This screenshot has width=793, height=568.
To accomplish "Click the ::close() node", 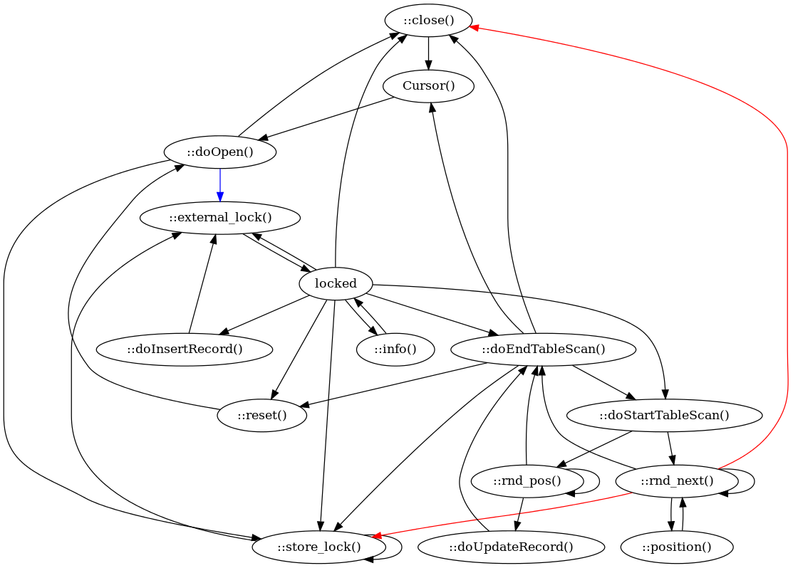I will pyautogui.click(x=428, y=21).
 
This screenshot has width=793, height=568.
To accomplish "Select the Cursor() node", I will pyautogui.click(x=428, y=87).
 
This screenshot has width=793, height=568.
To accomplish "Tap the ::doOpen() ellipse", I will pyautogui.click(x=220, y=152).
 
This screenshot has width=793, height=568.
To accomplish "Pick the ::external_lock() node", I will pyautogui.click(x=220, y=217).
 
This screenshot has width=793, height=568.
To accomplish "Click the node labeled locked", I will pyautogui.click(x=336, y=283).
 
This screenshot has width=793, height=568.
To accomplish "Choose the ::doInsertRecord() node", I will pyautogui.click(x=185, y=349).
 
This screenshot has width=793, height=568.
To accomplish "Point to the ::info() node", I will pyautogui.click(x=395, y=349).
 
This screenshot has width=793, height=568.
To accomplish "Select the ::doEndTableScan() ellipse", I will pyautogui.click(x=543, y=349).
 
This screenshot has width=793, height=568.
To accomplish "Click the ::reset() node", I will pyautogui.click(x=261, y=415).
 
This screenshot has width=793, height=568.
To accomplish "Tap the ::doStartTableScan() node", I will pyautogui.click(x=664, y=415).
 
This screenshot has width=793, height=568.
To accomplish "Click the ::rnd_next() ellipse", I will pyautogui.click(x=676, y=480).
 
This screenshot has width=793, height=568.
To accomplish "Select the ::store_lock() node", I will pyautogui.click(x=318, y=547).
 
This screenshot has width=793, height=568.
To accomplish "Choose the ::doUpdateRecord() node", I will pyautogui.click(x=511, y=547).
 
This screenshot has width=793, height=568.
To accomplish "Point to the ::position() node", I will pyautogui.click(x=676, y=547).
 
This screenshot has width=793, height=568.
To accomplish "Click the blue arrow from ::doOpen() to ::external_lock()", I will pyautogui.click(x=220, y=184).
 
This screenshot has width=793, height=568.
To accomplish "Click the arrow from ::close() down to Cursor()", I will pyautogui.click(x=428, y=54).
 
